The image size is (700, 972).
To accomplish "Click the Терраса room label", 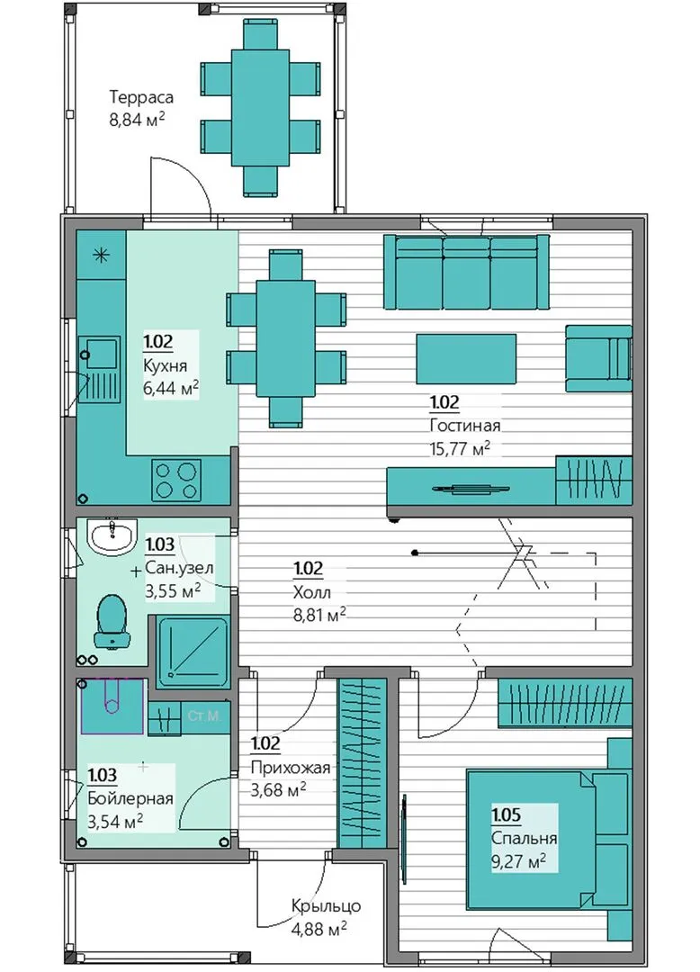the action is tap(141, 97).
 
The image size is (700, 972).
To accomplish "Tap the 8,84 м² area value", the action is tap(137, 119).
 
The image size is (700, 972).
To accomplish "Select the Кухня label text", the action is tap(165, 365).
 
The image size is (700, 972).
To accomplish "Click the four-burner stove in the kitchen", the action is tap(176, 480).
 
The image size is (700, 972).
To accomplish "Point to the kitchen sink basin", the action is tap(101, 354).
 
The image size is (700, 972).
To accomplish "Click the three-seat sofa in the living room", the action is tap(466, 272).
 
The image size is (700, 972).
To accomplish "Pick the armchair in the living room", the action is tap(598, 359).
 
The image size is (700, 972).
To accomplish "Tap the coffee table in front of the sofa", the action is tap(466, 359).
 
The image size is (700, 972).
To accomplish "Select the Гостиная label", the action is tap(464, 426).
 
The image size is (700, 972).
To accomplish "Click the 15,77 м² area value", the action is tap(460, 448).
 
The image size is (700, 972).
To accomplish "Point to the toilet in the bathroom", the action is tap(112, 621).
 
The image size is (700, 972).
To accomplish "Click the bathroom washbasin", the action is tap(112, 535).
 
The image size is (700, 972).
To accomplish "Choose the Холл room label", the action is tap(311, 592).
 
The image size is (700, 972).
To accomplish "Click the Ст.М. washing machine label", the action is tap(204, 716).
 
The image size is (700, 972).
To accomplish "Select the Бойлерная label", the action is tap(130, 798).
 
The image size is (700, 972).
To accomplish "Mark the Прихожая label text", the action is tap(290, 768).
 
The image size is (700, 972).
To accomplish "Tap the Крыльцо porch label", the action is tap(326, 906).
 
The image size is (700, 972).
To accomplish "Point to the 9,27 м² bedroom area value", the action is tap(518, 861).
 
